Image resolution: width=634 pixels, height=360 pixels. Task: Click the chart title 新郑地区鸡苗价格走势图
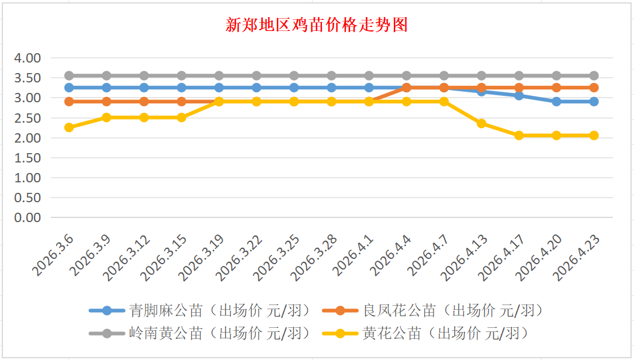point(317,26)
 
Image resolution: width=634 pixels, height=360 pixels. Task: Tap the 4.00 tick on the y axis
point(28,58)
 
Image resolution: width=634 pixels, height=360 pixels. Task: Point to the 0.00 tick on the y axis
point(28,217)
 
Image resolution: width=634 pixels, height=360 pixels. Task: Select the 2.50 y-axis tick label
point(28,118)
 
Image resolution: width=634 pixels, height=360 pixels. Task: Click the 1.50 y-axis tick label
point(28,158)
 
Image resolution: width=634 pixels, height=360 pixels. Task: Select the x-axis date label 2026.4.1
point(352,255)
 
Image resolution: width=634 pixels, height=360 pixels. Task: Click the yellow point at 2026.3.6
point(69,127)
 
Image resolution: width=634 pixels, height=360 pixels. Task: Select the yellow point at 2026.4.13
point(481,123)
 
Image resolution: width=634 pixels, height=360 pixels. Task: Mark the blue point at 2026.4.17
point(519,96)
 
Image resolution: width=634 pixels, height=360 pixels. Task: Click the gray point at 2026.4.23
point(594,75)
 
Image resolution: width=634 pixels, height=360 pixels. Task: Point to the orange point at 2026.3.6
point(69,102)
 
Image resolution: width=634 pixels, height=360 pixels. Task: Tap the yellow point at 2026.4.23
point(594,136)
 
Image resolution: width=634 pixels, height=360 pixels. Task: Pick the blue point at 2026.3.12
point(144,88)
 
